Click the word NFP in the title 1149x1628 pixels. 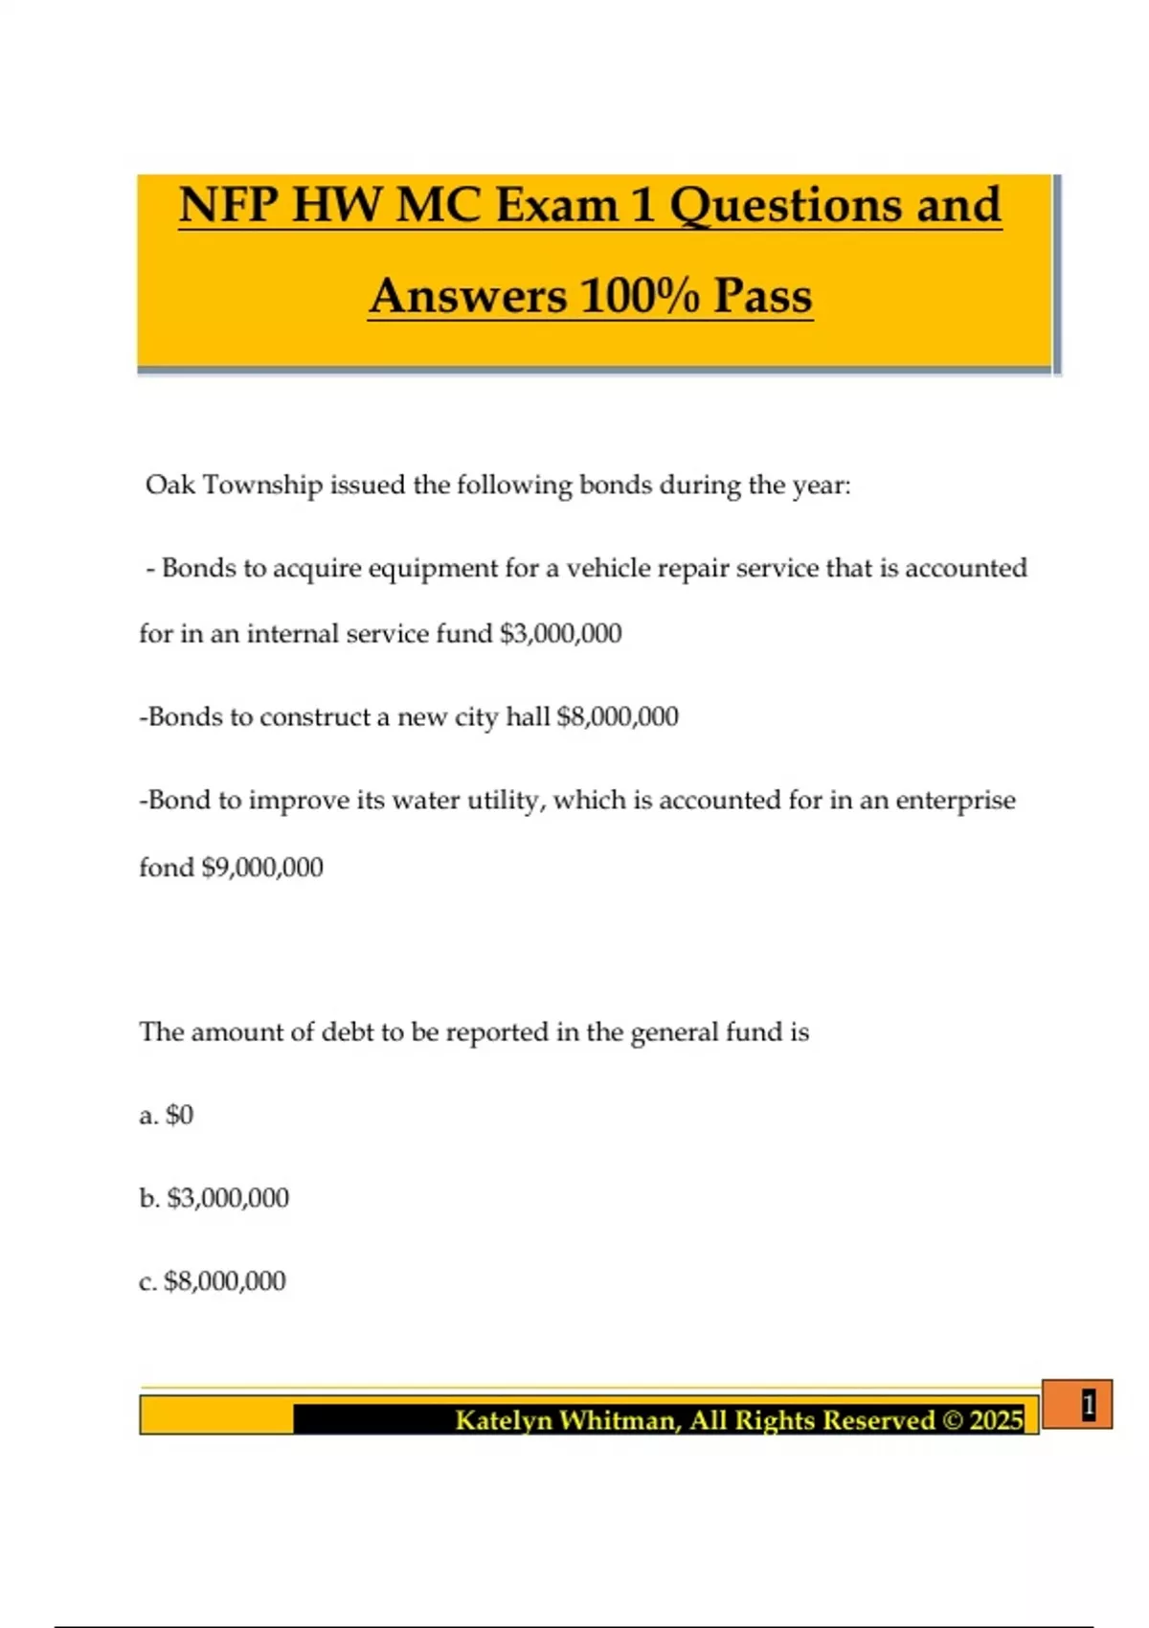click(x=228, y=205)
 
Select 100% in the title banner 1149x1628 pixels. click(x=640, y=295)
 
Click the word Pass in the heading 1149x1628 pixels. click(x=763, y=295)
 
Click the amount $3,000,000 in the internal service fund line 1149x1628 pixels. click(x=560, y=634)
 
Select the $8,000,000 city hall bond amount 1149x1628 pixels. click(x=618, y=717)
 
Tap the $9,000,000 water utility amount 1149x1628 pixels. click(x=261, y=868)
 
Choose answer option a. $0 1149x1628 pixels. click(x=167, y=1116)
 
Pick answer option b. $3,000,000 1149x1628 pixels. click(x=214, y=1198)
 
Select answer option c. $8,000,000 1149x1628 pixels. click(x=213, y=1281)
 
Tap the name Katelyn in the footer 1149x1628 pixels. click(x=502, y=1420)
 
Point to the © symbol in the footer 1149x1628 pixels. click(x=953, y=1420)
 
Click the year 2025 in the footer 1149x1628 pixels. click(x=996, y=1420)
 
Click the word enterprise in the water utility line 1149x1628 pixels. click(x=955, y=801)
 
